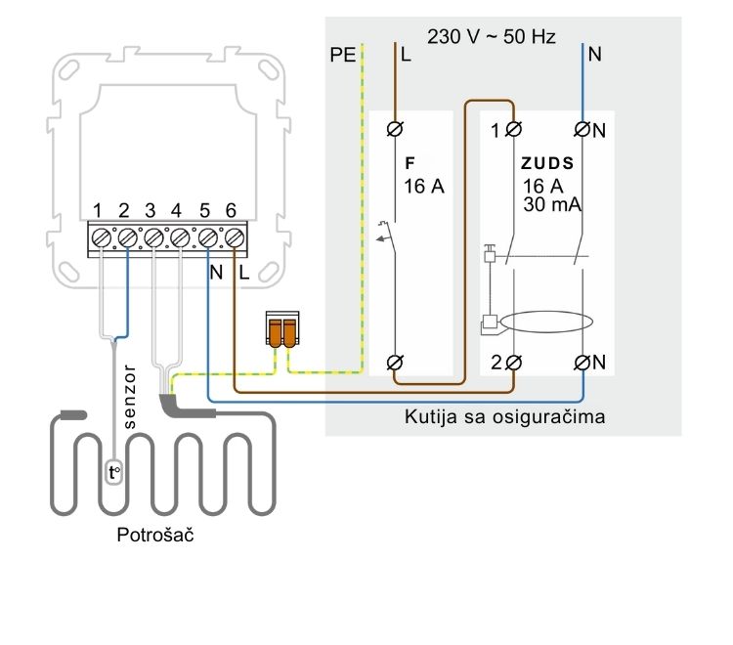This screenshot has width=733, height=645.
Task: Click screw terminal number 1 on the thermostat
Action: pyautogui.click(x=101, y=238)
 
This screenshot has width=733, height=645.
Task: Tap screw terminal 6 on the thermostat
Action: pyautogui.click(x=235, y=238)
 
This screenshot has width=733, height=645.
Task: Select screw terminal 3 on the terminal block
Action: pyautogui.click(x=153, y=238)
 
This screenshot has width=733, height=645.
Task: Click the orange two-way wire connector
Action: pyautogui.click(x=282, y=329)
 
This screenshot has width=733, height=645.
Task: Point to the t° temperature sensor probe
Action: pyautogui.click(x=114, y=473)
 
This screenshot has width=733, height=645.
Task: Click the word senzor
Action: pyautogui.click(x=129, y=397)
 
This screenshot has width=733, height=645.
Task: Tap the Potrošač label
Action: pyautogui.click(x=155, y=535)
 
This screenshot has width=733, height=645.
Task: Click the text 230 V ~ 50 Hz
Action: pyautogui.click(x=492, y=36)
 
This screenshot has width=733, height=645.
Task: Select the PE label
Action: pyautogui.click(x=343, y=55)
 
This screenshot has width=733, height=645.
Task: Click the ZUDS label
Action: pyautogui.click(x=547, y=163)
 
